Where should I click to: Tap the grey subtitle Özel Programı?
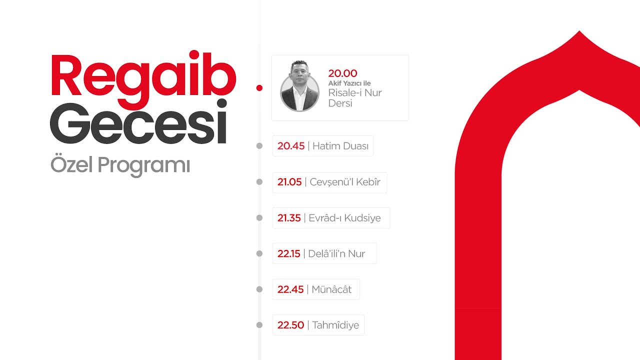point(120,165)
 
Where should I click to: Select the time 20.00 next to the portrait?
point(342,74)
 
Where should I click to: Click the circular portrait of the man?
point(299,86)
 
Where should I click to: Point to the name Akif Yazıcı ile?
point(349,83)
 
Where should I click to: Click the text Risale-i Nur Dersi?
point(354,98)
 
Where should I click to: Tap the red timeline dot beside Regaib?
point(259,88)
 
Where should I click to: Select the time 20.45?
point(291,146)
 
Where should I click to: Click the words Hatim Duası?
point(340,146)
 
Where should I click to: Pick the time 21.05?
point(289,182)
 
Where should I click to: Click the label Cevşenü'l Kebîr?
point(345,182)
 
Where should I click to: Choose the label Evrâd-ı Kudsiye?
point(344,218)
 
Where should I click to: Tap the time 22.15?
point(289,253)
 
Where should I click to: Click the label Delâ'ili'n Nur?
point(336,253)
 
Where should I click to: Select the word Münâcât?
point(331,289)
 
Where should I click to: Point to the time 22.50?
point(291,325)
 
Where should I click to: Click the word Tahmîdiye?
point(335,325)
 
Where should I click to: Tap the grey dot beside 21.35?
point(259,218)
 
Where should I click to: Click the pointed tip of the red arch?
point(579,33)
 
